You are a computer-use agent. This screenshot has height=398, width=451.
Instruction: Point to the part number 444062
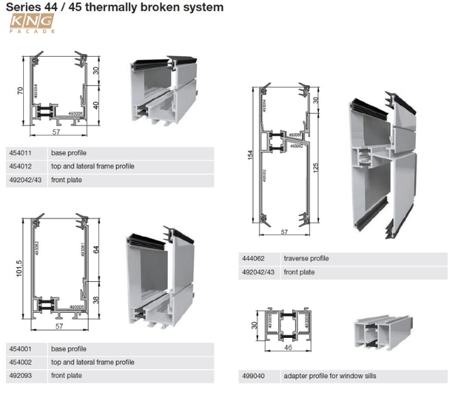(x=254, y=258)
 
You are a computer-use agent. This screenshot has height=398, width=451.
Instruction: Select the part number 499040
(x=254, y=376)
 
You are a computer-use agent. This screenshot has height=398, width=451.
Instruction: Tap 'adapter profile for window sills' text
(x=330, y=376)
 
